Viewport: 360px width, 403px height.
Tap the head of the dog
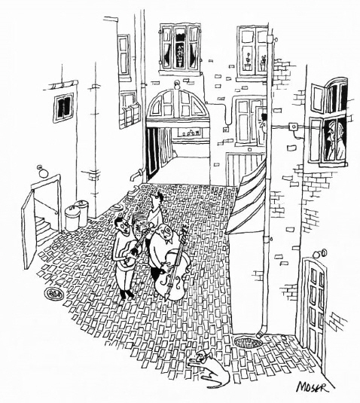pos(201,358)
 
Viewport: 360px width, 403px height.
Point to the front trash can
pos(72,219)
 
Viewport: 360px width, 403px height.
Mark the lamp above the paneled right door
pos(320,253)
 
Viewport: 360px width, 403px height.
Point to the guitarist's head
pos(122,224)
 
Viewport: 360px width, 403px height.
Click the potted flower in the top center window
pos(180,55)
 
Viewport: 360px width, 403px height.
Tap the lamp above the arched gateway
pos(176,84)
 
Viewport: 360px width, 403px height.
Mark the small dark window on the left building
pos(63,107)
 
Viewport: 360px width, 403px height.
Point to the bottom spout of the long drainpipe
pos(261,334)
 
